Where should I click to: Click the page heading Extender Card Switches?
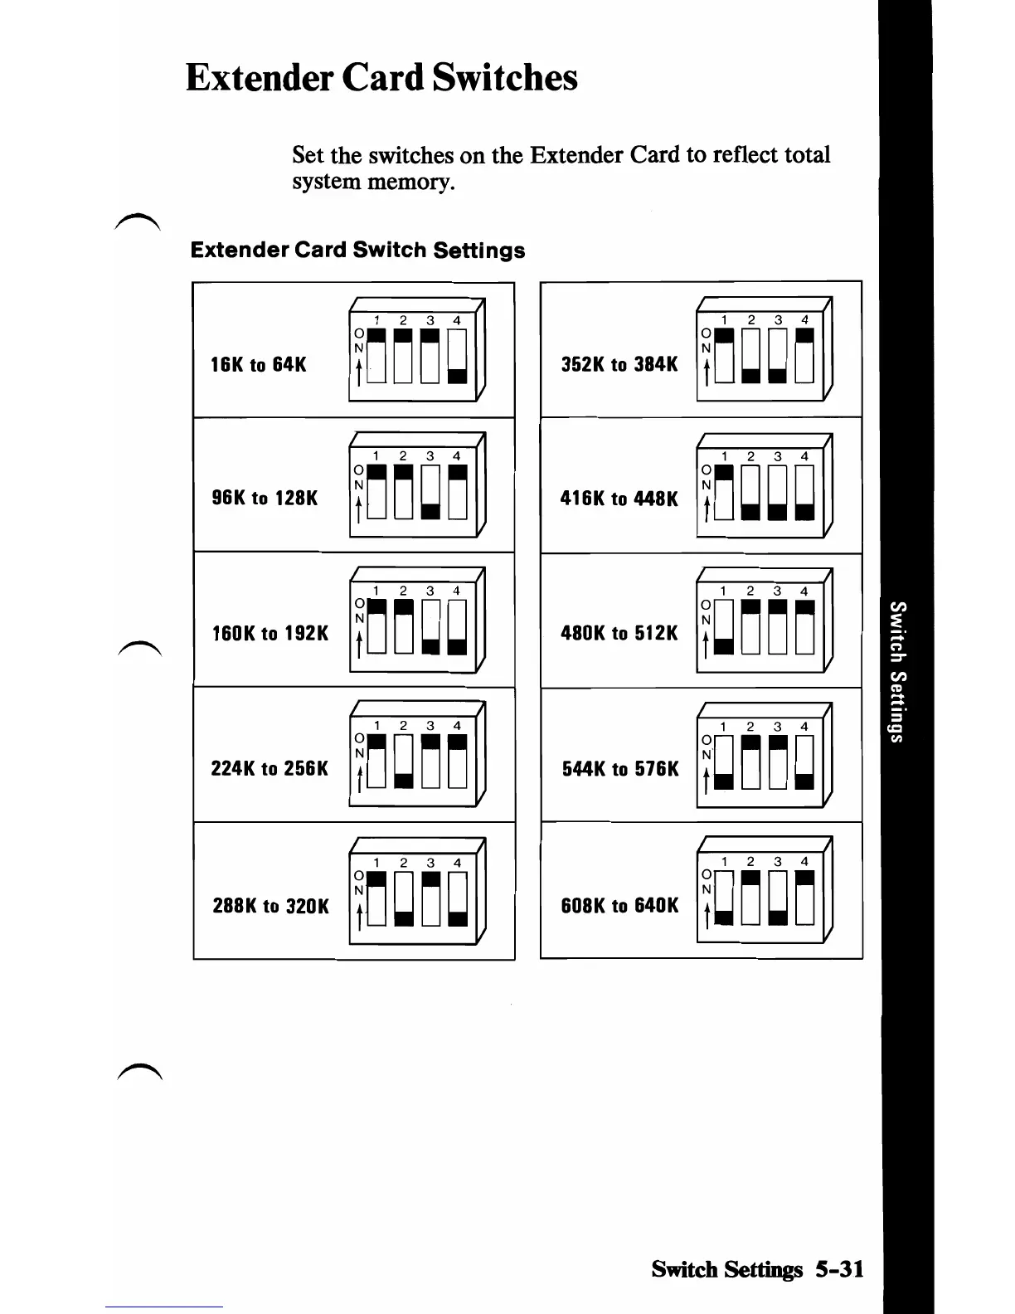tap(381, 78)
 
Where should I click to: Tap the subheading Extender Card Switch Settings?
tap(357, 251)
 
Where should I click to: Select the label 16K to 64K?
tap(259, 365)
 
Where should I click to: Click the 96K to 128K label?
tap(265, 499)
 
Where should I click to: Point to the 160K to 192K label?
tap(270, 634)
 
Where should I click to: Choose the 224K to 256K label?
tap(270, 769)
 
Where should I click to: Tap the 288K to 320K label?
tap(270, 906)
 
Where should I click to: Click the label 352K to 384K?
tap(619, 365)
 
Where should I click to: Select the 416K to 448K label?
tap(619, 499)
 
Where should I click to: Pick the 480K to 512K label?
tap(619, 634)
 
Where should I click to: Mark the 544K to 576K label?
tap(619, 769)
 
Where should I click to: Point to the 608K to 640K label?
tap(619, 906)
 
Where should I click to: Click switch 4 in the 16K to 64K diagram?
tap(457, 356)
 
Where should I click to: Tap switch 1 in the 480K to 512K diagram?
tap(723, 627)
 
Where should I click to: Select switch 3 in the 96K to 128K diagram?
tap(430, 491)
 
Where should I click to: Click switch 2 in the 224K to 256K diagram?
tap(403, 762)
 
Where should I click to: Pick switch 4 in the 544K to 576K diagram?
tap(804, 762)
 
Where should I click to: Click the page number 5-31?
tap(838, 1269)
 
